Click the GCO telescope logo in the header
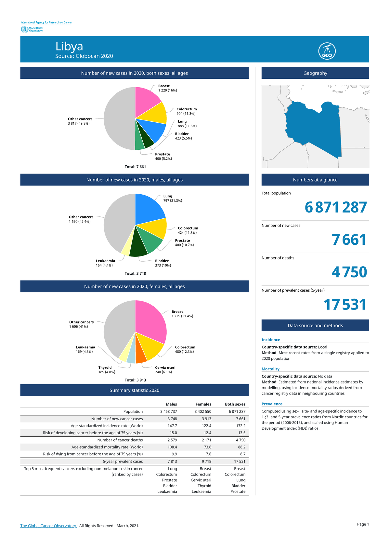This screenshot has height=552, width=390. (x=327, y=51)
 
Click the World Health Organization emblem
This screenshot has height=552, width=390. (x=24, y=29)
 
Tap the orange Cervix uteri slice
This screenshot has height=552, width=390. (x=140, y=356)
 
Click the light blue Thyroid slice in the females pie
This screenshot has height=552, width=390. (x=131, y=358)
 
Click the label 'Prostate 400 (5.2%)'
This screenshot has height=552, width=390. (x=163, y=157)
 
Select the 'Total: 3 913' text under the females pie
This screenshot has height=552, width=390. (x=135, y=380)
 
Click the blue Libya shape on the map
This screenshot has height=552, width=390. (x=314, y=127)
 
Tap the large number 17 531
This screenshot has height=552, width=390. (x=345, y=305)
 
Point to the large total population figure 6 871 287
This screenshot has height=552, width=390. (x=336, y=207)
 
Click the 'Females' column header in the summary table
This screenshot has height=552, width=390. (x=203, y=404)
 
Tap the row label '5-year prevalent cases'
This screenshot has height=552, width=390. (x=123, y=462)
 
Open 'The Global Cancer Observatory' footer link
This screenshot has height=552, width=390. (x=48, y=526)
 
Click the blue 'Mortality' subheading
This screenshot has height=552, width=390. (x=270, y=369)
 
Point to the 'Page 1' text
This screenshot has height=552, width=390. (x=363, y=524)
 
